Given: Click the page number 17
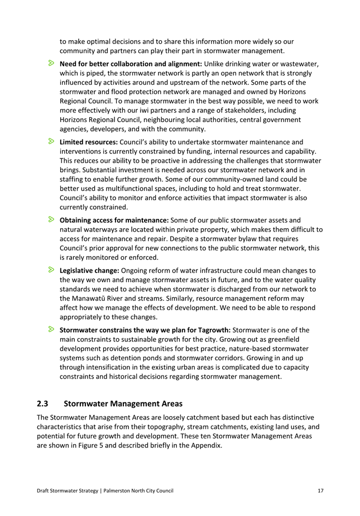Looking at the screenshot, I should coord(320,490).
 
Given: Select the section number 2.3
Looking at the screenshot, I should coord(43,403).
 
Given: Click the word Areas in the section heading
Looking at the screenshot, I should coord(169,403).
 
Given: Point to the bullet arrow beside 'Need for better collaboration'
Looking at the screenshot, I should coord(51,63).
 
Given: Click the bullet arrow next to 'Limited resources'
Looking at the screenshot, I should coord(51,142).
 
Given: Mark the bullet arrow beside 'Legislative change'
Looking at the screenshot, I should coord(51,270).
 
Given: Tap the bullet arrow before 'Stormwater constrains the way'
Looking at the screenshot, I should coord(51,329).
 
